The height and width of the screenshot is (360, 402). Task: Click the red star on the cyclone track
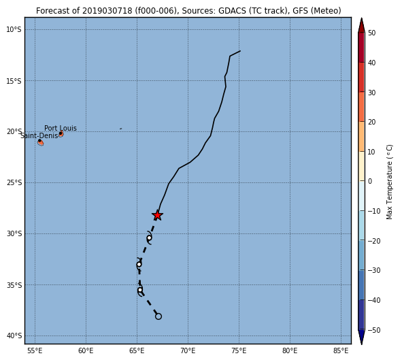[x=157, y=215]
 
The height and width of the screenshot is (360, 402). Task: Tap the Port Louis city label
[x=61, y=128]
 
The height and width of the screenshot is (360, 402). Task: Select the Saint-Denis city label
[x=39, y=135]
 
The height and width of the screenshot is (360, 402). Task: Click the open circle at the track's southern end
[x=158, y=316]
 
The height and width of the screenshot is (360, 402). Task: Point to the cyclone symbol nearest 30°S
[x=149, y=238]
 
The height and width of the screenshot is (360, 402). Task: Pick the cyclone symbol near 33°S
[x=139, y=264]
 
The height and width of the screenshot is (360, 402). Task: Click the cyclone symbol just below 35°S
[x=140, y=290]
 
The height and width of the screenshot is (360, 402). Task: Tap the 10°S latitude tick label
[x=14, y=29]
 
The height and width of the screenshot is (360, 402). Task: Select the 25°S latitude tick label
[x=14, y=183]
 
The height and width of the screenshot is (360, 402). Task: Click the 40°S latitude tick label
[x=14, y=336]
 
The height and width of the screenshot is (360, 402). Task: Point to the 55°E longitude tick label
[x=35, y=350]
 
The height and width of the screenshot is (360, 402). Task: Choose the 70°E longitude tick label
[x=188, y=350]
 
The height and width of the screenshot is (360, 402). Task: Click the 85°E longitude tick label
[x=341, y=350]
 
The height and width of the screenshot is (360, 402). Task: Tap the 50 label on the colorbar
[x=371, y=33]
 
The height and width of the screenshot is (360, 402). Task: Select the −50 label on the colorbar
[x=374, y=330]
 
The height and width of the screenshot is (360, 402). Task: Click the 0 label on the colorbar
[x=370, y=181]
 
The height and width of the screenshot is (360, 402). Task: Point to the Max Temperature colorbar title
[x=389, y=182]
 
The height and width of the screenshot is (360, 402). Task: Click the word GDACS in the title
[x=230, y=11]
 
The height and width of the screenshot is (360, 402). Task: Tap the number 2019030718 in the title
[x=107, y=11]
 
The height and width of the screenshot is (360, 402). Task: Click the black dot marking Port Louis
[x=61, y=133]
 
